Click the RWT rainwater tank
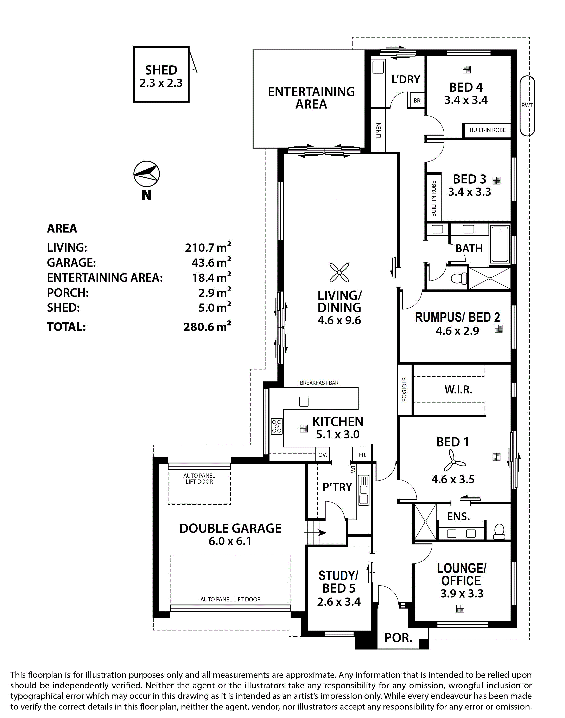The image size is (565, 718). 527,106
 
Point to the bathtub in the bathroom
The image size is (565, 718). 500,245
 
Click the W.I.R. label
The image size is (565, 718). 458,390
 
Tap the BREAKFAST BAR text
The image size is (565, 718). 319,383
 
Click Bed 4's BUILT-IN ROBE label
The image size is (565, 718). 488,130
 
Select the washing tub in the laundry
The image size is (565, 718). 377,67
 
